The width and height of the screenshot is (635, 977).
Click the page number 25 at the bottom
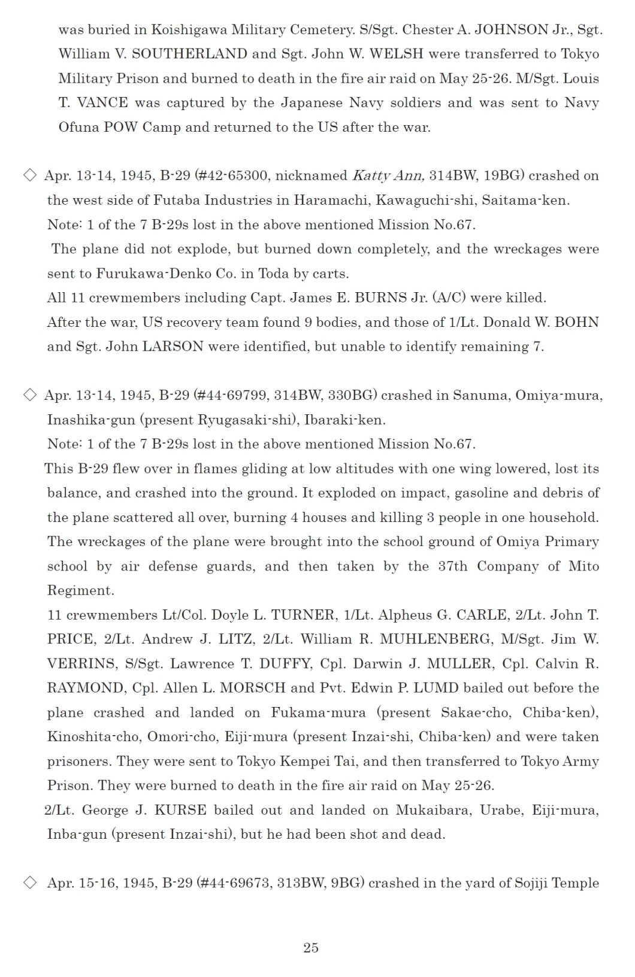pyautogui.click(x=311, y=948)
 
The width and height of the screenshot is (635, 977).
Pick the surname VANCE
pyautogui.click(x=102, y=103)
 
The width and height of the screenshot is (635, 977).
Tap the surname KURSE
pyautogui.click(x=180, y=811)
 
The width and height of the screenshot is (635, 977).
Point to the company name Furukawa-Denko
pyautogui.click(x=144, y=274)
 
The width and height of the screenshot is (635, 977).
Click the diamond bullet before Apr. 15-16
pyautogui.click(x=29, y=883)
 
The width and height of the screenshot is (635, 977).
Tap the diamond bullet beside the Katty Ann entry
pyautogui.click(x=29, y=175)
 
